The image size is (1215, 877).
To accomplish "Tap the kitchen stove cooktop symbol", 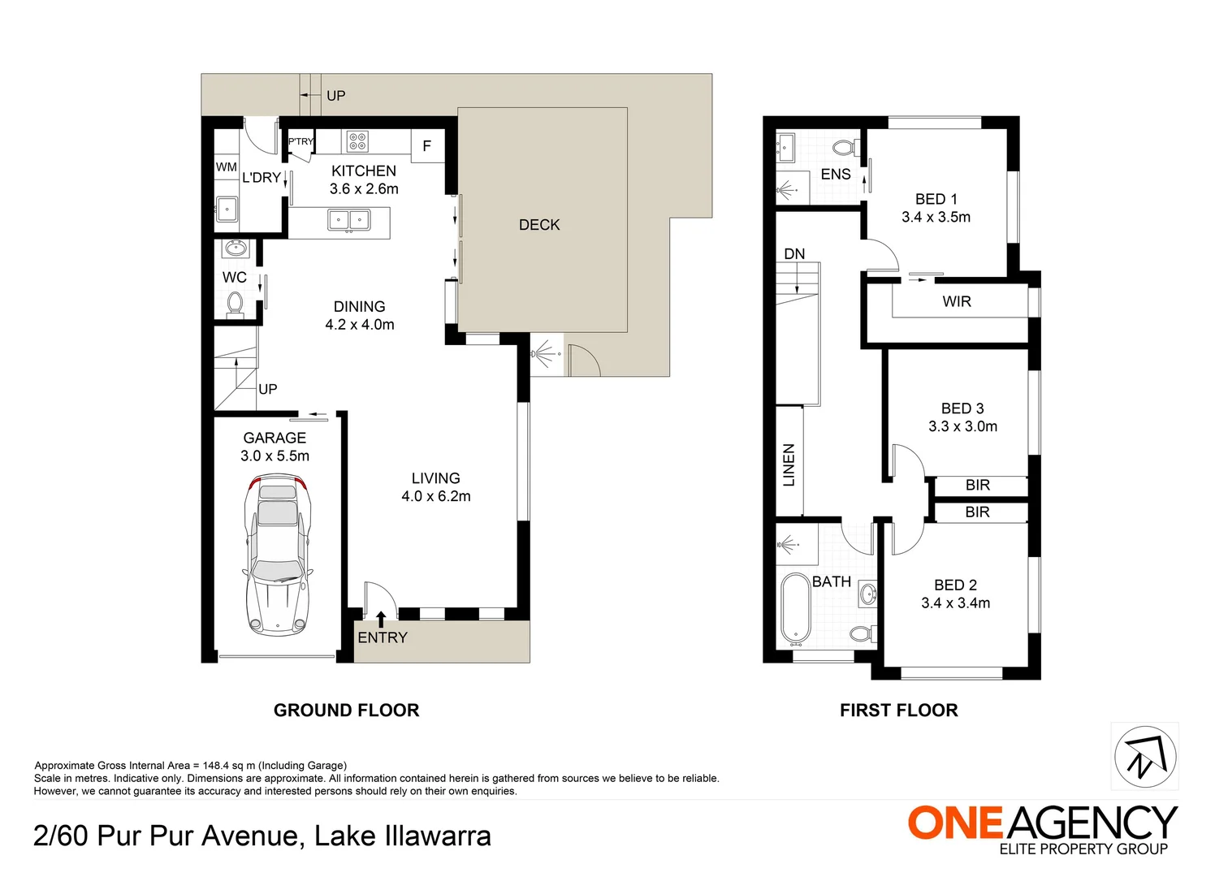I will [357, 141].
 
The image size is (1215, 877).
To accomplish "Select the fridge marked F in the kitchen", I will [426, 146].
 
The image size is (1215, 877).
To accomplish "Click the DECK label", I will [539, 225].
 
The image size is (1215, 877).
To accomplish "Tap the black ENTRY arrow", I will [381, 620].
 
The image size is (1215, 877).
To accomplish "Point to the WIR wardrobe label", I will [957, 301].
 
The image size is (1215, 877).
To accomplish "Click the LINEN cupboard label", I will [789, 464].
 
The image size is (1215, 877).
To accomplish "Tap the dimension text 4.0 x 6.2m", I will [436, 496].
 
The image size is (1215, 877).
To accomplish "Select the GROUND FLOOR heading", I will [346, 711].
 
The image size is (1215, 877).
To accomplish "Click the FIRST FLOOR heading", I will [898, 711].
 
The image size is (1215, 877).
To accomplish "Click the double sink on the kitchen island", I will [349, 219].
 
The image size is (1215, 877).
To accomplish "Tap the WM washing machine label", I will [227, 167].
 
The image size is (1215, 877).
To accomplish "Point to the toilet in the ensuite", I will [845, 148].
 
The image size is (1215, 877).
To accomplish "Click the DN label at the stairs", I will [794, 254].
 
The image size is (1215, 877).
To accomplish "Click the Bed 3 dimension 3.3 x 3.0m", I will [962, 426].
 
